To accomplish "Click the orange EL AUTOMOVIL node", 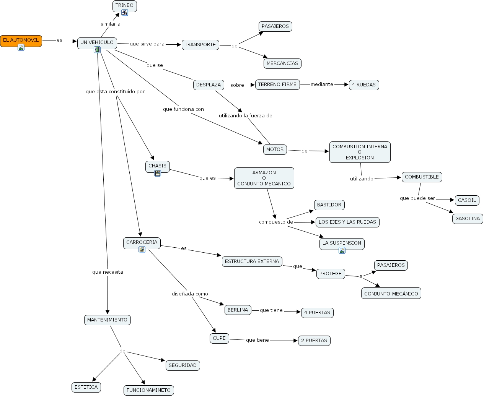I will click(x=21, y=40).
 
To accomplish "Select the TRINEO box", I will click(x=124, y=5).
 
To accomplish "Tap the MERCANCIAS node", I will click(x=282, y=63).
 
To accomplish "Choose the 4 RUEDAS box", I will click(x=363, y=85).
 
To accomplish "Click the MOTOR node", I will click(x=275, y=149).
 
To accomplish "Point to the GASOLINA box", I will click(x=467, y=219).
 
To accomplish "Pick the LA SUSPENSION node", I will click(x=342, y=243).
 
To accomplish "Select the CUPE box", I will click(x=219, y=338).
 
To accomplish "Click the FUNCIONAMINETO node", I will click(x=148, y=390).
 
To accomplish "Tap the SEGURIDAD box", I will click(x=183, y=365).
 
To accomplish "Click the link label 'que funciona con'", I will click(x=183, y=109).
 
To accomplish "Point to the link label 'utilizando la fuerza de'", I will click(x=245, y=116).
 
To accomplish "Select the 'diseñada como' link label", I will click(x=190, y=294).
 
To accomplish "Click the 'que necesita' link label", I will click(x=108, y=272).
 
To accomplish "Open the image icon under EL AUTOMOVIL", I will click(x=21, y=47).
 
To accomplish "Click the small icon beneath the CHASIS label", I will click(x=158, y=173).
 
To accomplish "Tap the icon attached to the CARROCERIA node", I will click(x=142, y=250).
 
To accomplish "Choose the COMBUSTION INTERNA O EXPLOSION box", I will click(x=360, y=152).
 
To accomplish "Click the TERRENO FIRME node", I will click(x=277, y=84).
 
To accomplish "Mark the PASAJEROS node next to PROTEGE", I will click(x=391, y=265).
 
